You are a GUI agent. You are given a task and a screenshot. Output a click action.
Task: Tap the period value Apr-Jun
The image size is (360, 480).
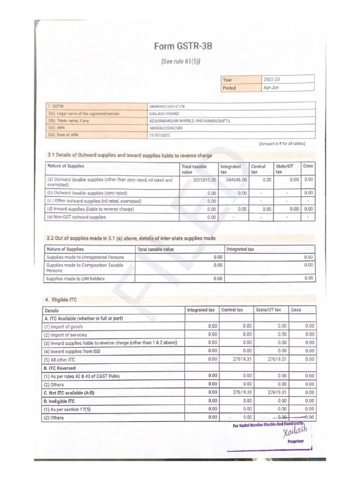click(271, 87)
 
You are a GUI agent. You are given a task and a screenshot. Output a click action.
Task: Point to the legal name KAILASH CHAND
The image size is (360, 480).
click(164, 113)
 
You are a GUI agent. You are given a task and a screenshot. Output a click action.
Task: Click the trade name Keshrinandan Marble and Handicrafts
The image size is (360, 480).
click(189, 120)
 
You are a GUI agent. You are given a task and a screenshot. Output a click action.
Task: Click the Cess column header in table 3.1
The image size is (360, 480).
click(308, 166)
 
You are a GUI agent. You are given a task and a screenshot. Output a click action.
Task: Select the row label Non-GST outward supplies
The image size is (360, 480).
click(76, 217)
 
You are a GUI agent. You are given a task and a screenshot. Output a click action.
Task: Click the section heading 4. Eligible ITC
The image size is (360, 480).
click(61, 299)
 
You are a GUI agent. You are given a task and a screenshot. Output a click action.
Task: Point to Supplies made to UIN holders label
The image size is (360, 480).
click(75, 278)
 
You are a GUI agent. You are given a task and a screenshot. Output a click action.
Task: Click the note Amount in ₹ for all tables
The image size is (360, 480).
click(282, 144)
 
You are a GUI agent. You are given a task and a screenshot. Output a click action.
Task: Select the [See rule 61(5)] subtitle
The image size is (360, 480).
click(180, 61)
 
